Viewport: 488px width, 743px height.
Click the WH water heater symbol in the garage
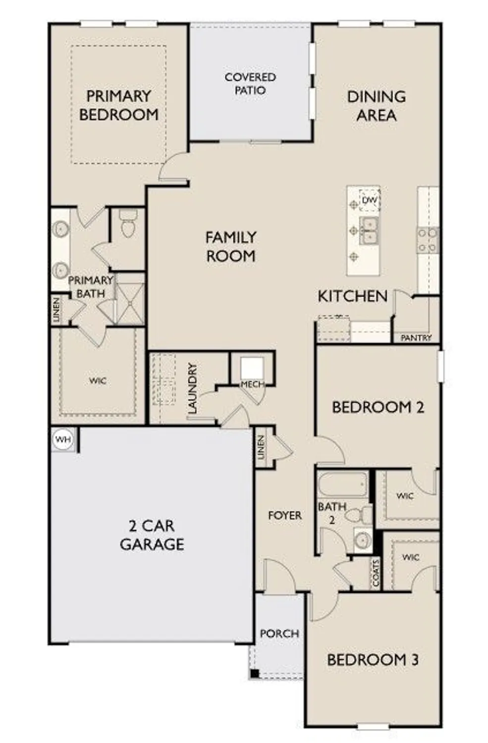(x=63, y=439)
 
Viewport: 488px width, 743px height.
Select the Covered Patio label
(x=250, y=84)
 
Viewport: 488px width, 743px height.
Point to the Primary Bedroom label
(x=119, y=105)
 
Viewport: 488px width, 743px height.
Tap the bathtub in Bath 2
(x=342, y=484)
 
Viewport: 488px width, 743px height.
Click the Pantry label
(x=416, y=338)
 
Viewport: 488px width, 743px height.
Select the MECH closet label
(x=252, y=384)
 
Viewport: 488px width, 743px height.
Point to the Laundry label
(x=193, y=388)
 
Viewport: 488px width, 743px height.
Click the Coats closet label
(x=376, y=573)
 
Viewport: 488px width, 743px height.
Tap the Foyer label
(x=285, y=516)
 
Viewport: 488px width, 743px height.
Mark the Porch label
(x=279, y=634)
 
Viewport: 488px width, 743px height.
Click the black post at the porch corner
(x=254, y=674)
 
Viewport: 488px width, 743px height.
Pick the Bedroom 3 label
(x=373, y=660)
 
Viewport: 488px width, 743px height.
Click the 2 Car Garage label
(x=152, y=535)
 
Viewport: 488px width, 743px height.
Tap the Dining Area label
(x=377, y=106)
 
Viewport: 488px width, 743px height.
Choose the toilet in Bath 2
(x=359, y=515)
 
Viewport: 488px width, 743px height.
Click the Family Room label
(x=231, y=247)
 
